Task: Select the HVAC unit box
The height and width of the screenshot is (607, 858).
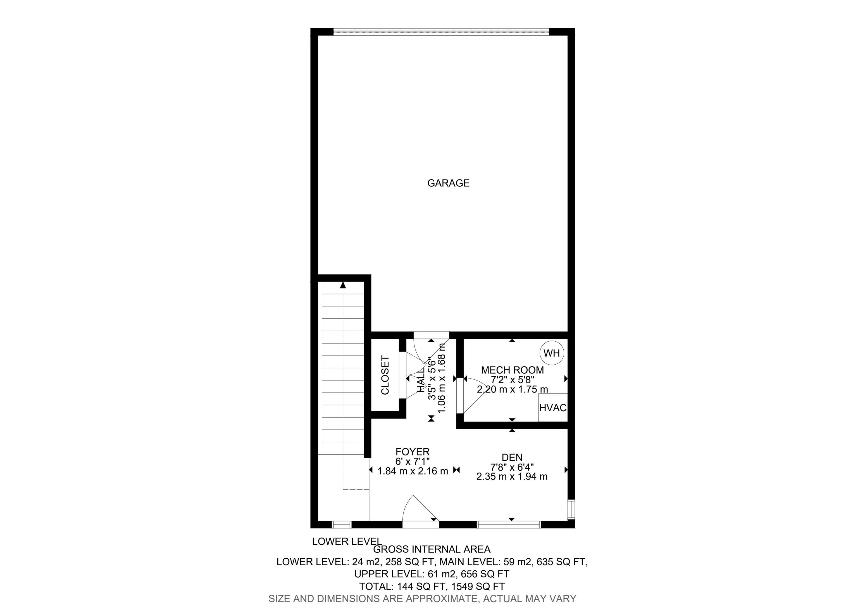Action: pos(553,407)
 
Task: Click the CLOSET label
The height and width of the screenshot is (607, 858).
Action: pos(385,375)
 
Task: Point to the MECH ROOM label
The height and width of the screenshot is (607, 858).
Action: pos(512,370)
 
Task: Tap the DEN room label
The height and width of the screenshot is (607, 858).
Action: pos(512,457)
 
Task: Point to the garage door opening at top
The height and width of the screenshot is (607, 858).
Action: pos(441,32)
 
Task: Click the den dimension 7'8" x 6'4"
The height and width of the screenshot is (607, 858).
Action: pos(512,467)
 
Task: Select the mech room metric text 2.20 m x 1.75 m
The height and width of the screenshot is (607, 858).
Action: pos(512,389)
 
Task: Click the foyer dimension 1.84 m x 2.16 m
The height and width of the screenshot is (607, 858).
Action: pos(413,471)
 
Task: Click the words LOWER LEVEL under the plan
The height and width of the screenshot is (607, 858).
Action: pos(347,541)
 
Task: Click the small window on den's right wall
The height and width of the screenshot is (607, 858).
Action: pos(571,509)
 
